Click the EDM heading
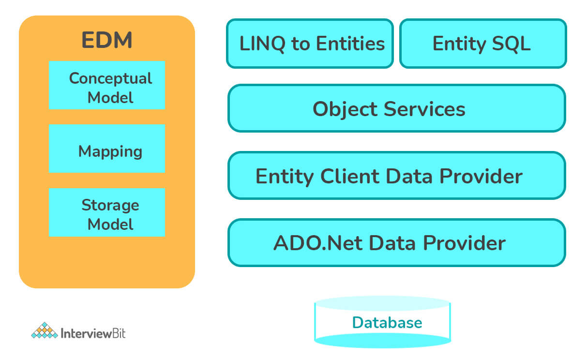(x=106, y=41)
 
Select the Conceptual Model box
(x=107, y=85)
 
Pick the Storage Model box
(x=107, y=212)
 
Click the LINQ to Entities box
(x=310, y=44)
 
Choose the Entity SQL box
(x=482, y=44)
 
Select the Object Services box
(x=396, y=108)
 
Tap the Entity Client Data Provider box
(x=396, y=176)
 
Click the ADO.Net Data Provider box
(x=396, y=242)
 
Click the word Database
(x=387, y=322)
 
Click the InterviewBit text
(x=93, y=333)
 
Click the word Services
(x=424, y=109)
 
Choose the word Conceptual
(x=110, y=78)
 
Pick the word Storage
(x=110, y=205)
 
